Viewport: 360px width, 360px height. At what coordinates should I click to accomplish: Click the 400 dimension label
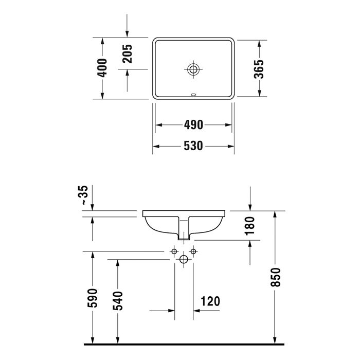102,68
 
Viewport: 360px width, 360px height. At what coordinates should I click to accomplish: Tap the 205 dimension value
127,53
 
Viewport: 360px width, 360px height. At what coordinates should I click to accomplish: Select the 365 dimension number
259,69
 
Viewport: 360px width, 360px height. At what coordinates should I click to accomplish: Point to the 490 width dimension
193,125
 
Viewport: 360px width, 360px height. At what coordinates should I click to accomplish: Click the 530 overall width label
193,146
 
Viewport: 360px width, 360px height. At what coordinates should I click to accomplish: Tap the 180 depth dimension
250,226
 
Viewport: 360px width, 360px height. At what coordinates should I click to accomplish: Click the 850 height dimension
276,277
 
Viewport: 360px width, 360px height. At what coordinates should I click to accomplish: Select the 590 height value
92,298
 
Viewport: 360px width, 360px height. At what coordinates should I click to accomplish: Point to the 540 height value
118,301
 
